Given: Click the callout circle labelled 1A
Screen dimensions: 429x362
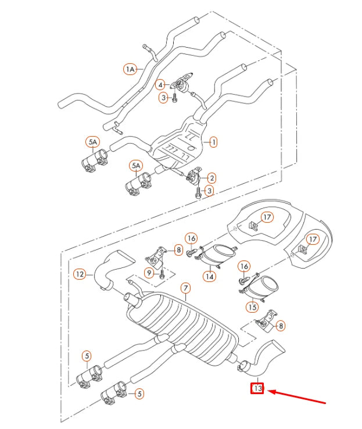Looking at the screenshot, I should (130, 69).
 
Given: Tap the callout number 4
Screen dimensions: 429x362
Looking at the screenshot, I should (160, 85).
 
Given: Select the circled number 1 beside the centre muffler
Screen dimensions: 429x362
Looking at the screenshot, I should (213, 141).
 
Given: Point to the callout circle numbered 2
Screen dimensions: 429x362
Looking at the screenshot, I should (212, 178).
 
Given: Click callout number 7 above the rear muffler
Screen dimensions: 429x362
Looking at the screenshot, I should (185, 288).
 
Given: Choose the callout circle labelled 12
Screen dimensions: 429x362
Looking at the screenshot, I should (80, 273).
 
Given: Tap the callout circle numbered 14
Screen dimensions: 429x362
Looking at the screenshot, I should (209, 277).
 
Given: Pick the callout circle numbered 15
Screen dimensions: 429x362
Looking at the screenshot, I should (252, 306).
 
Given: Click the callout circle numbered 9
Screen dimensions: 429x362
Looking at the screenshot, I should (149, 272).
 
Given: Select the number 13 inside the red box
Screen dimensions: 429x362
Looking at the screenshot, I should (257, 388).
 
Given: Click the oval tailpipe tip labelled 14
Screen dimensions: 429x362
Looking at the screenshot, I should (218, 254).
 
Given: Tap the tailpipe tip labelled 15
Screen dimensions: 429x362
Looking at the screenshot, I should (267, 286).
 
